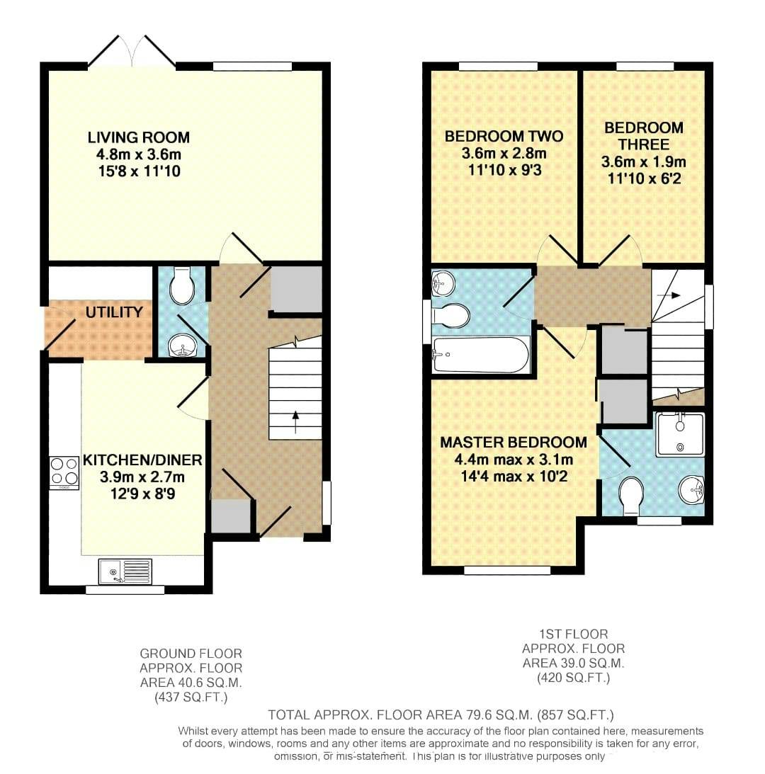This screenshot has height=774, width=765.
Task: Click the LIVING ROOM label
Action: (x=138, y=137)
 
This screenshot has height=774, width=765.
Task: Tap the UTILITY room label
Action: (x=114, y=312)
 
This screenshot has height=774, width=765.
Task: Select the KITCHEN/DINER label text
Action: (x=142, y=460)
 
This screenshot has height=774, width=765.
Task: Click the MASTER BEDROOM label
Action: (x=514, y=443)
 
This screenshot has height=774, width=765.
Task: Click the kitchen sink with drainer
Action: (x=125, y=571)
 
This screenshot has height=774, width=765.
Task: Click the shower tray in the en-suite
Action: (x=679, y=433)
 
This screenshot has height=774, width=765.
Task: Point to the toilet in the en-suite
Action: (x=630, y=495)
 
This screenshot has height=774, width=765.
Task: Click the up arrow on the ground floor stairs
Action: (x=295, y=423)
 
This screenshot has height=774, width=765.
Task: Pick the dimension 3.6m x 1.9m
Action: (x=643, y=162)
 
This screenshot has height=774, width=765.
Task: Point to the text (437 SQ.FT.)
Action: (x=191, y=698)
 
